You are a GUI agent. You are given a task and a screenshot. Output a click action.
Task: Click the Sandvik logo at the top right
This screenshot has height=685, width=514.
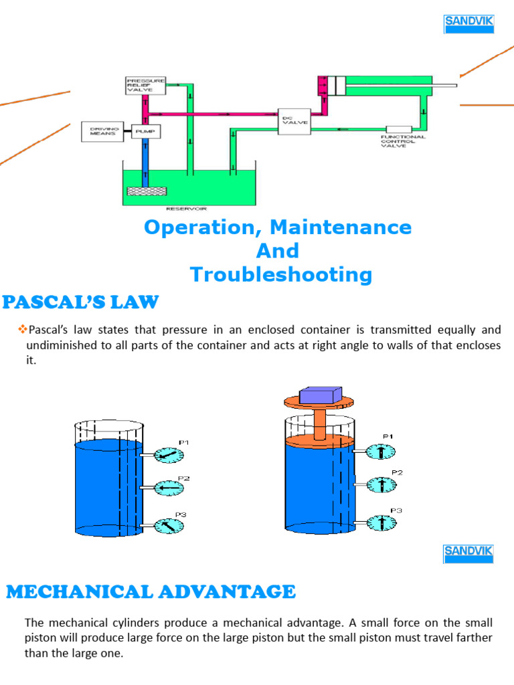pos(469,24)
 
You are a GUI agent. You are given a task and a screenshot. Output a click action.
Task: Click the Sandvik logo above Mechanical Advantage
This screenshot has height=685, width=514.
pos(469,554)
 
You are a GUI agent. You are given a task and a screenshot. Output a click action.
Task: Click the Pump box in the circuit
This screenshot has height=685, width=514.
pos(145,132)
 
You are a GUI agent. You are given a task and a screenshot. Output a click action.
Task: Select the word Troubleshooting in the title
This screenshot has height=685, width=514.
pos(280,275)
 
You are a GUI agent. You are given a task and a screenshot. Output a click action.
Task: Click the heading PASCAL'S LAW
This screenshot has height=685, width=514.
pos(81,302)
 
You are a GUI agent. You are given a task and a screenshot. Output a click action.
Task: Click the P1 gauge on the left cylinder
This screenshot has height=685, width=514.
pos(167,455)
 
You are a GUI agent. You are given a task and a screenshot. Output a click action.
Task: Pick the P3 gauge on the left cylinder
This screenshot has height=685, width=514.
pos(167,526)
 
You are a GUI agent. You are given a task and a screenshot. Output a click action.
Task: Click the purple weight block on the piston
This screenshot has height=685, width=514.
pos(320,395)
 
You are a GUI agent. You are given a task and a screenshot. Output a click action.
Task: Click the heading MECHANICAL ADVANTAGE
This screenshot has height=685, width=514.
pos(151,592)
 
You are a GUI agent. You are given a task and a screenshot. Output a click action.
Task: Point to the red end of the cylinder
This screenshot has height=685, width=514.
pos(325,86)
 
